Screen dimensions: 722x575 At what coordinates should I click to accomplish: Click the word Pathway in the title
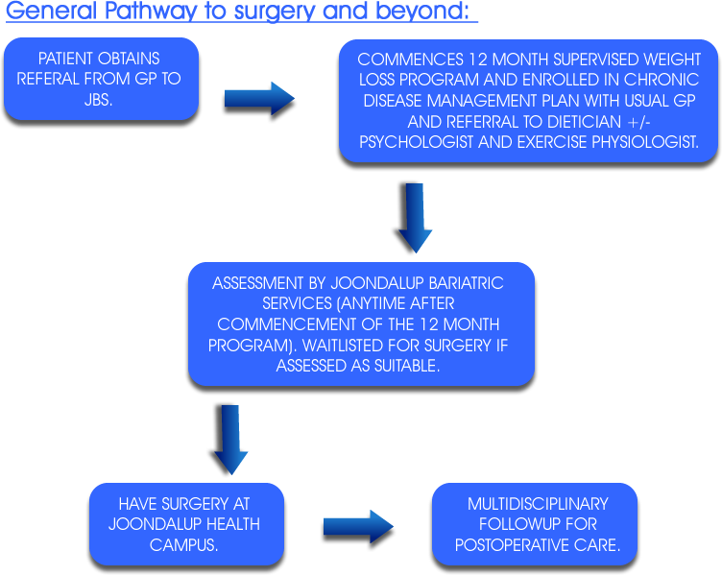click(151, 11)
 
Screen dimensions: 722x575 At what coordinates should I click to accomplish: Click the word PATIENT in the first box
click(65, 59)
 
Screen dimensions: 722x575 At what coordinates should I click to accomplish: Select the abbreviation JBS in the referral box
click(97, 100)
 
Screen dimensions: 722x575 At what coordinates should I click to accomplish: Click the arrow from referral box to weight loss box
click(259, 99)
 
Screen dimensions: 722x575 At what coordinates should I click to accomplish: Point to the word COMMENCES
click(410, 60)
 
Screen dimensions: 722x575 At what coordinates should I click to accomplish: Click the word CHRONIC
click(662, 80)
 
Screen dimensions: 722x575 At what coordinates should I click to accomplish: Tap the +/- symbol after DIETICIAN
click(639, 122)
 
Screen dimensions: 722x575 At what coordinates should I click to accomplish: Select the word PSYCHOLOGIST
click(417, 142)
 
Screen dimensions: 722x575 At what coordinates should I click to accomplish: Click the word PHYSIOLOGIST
click(645, 142)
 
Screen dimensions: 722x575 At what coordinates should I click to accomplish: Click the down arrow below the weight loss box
click(415, 218)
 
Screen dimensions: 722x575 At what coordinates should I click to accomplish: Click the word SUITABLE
click(406, 366)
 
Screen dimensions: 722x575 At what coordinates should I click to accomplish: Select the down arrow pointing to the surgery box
click(230, 440)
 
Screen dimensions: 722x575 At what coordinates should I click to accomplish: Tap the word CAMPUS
click(183, 545)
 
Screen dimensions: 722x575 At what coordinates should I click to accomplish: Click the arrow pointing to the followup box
click(358, 527)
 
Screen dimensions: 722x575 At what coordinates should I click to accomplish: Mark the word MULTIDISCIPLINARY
click(538, 504)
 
